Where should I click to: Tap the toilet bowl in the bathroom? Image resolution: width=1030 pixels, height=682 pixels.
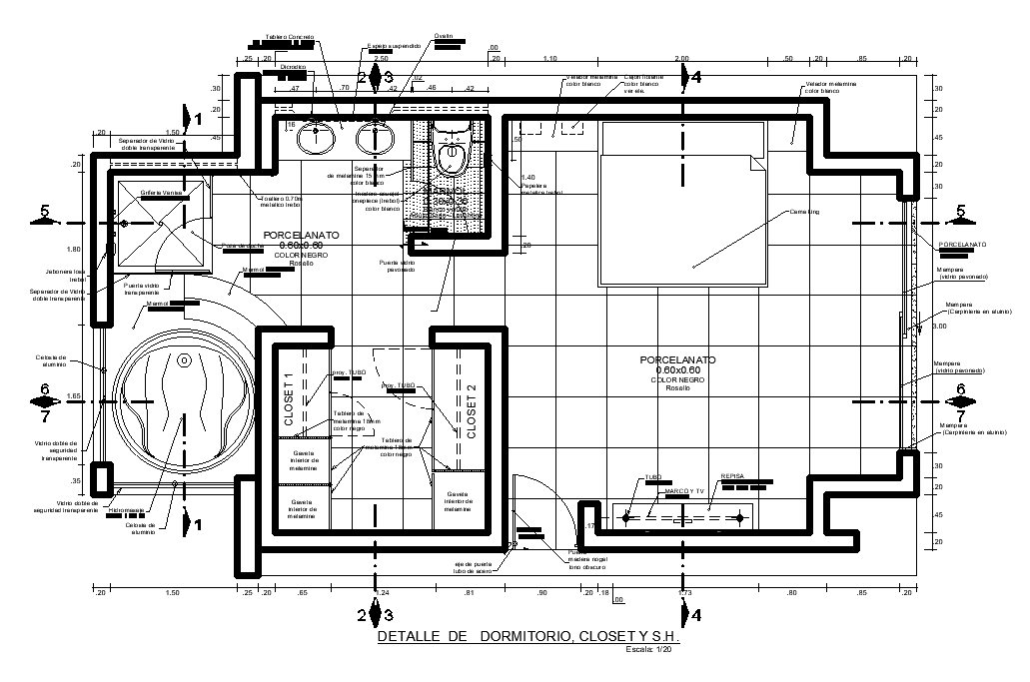453,157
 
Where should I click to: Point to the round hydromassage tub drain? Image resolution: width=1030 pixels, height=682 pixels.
184,361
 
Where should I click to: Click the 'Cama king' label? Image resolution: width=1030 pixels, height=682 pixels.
804,212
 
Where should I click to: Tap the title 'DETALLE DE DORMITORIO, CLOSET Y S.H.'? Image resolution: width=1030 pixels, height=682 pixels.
528,636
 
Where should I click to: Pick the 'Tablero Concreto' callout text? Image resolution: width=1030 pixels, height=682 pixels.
289,37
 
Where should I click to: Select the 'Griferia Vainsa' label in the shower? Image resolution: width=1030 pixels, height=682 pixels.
162,191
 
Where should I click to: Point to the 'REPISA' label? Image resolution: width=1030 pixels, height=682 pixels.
733,477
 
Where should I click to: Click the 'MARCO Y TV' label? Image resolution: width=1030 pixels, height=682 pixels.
684,491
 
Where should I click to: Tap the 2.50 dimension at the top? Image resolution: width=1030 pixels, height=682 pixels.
379,59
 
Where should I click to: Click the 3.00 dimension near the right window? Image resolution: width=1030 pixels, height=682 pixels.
938,326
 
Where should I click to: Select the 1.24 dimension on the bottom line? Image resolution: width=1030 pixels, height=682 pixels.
379,594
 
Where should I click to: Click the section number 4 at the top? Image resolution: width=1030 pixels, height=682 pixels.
696,76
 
